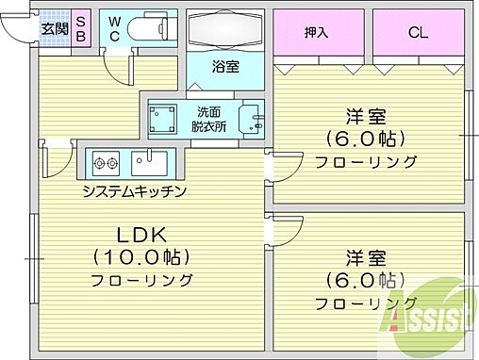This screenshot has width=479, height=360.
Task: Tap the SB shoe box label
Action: click(x=80, y=28)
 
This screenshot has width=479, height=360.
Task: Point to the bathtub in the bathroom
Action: click(x=223, y=32)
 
